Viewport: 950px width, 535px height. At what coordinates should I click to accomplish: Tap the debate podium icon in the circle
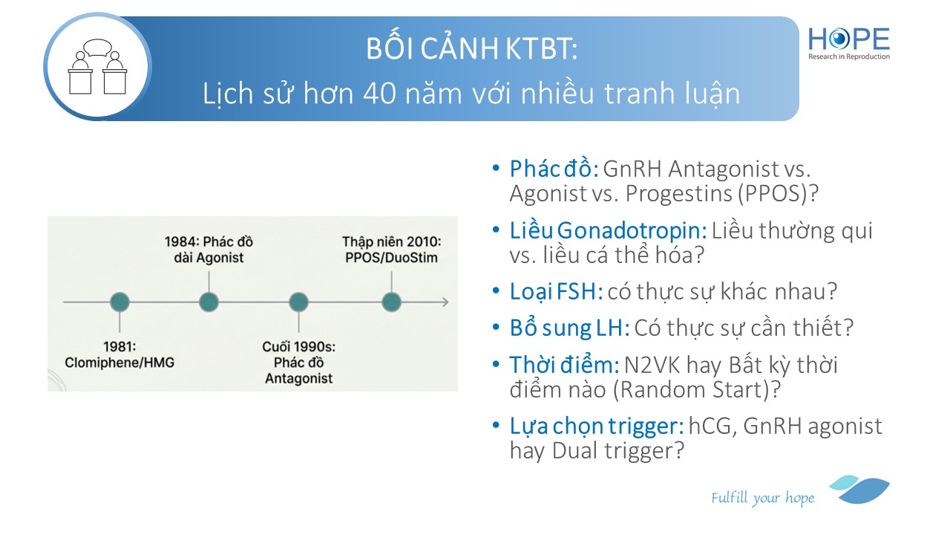point(97,67)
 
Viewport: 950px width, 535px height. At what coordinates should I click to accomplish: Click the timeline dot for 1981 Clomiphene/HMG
point(119,302)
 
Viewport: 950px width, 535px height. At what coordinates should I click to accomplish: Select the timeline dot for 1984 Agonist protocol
point(209,302)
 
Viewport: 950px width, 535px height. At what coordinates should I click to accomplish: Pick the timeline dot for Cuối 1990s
point(298,302)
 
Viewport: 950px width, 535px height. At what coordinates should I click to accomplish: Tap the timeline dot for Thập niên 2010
point(391,302)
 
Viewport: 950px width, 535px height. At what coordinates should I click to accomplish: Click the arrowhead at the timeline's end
point(446,302)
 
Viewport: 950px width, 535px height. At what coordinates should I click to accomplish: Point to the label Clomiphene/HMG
point(119,363)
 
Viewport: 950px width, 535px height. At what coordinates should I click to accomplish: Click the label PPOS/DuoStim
point(391,257)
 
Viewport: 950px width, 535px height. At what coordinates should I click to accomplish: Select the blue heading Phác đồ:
point(554,169)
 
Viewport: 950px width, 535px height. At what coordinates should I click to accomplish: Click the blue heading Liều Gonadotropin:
point(608,230)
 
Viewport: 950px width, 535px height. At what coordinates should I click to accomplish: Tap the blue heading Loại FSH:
point(556,292)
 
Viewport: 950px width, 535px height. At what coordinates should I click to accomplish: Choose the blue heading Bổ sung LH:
point(569,328)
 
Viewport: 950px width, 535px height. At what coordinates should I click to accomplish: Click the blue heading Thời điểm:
point(565,365)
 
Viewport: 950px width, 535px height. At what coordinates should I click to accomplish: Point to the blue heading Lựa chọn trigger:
point(597,427)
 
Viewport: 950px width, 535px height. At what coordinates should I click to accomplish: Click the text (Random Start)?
point(697,390)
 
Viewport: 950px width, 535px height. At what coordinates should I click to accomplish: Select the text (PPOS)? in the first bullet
point(778,194)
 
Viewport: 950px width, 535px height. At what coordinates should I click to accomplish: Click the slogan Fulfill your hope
point(762,498)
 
